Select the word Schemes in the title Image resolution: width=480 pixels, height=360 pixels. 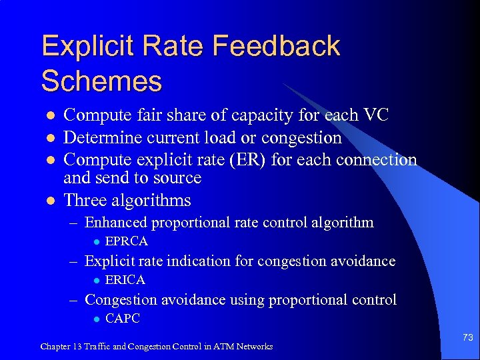click(x=101, y=81)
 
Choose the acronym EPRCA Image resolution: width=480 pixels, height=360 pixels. click(x=127, y=241)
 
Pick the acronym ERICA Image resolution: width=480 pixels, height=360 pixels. click(x=125, y=280)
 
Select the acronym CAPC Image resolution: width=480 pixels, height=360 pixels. click(x=123, y=319)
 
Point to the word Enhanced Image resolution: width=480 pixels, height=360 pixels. click(x=118, y=222)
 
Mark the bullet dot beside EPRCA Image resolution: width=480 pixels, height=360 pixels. click(x=95, y=241)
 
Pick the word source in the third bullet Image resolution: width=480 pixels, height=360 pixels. click(x=178, y=178)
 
